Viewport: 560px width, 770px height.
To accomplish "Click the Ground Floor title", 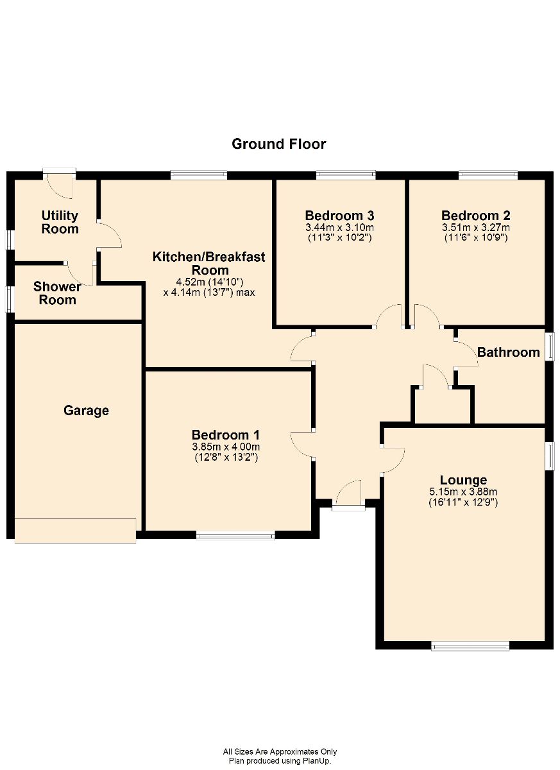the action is (278, 144).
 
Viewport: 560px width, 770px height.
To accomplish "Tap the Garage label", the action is (86, 411).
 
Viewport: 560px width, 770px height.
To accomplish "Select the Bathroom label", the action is (508, 352).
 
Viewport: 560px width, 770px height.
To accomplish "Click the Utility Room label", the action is (60, 222).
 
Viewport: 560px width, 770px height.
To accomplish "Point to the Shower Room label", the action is (57, 293).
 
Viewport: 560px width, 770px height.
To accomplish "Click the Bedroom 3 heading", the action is (339, 216).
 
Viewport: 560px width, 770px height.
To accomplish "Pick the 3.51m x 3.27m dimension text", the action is (476, 228).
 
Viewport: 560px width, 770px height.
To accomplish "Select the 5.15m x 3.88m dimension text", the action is (463, 492).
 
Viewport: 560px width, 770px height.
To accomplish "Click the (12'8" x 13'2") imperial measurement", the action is (226, 457).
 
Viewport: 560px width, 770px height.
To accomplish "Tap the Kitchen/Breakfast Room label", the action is (209, 263).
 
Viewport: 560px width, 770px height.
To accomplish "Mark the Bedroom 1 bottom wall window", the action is (235, 536).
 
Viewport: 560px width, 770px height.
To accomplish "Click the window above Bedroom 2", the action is (488, 175).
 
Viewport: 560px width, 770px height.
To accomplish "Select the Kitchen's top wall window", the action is (199, 175).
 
